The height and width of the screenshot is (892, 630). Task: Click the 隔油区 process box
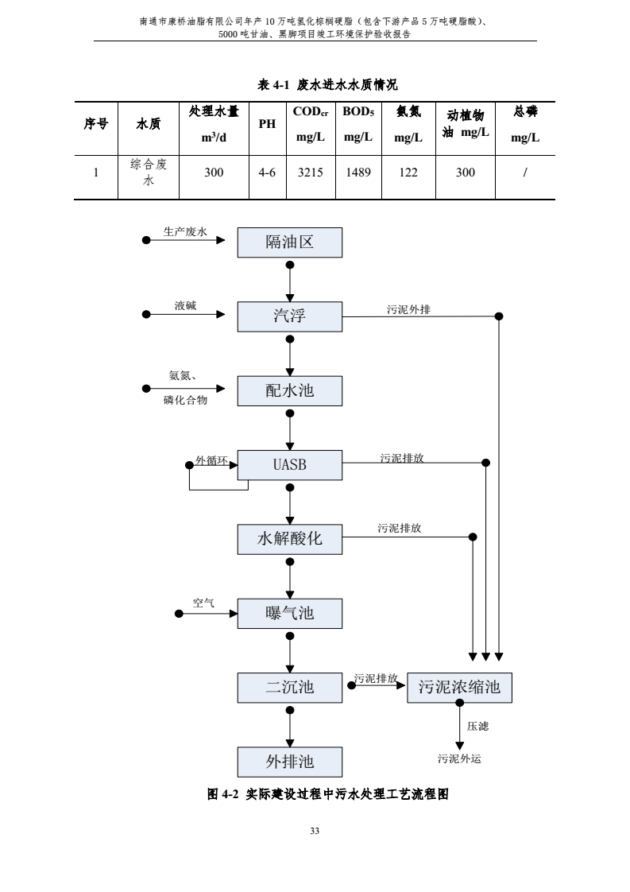point(290,242)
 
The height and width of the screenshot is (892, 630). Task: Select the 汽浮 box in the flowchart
point(290,316)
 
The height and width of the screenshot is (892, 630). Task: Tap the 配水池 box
point(290,390)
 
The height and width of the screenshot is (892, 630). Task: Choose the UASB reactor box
point(290,465)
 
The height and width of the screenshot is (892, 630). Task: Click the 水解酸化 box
point(290,539)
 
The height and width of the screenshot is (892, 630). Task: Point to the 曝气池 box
point(290,613)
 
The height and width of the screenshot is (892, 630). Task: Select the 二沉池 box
point(290,687)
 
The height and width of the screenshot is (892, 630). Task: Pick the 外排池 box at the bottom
point(290,762)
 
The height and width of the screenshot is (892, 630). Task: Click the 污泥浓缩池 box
point(459,688)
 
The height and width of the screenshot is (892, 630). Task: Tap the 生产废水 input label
point(185,231)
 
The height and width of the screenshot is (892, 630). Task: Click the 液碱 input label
point(186,305)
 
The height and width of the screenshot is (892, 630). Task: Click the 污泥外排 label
point(408,309)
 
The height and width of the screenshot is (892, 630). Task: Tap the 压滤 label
point(477,726)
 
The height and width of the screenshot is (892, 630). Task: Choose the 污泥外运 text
point(459,759)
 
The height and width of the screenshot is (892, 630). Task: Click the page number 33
point(315,831)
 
